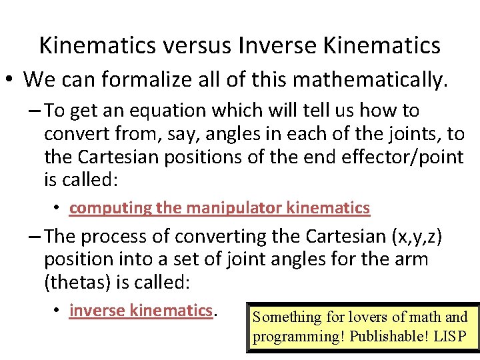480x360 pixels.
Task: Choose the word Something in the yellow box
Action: click(x=285, y=317)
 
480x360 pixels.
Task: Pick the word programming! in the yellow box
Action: click(x=297, y=336)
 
